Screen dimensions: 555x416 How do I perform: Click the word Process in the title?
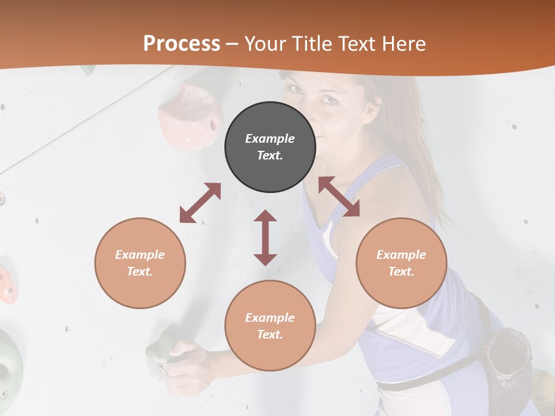pos(182,44)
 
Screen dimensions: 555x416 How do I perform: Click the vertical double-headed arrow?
pos(265,237)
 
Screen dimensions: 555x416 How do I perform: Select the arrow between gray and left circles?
pos(200,203)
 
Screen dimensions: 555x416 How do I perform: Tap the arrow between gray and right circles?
pos(339,196)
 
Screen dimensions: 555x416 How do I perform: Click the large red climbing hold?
pos(191,116)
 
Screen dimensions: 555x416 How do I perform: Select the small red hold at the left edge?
pos(7,285)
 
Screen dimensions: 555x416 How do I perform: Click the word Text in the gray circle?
pos(270,155)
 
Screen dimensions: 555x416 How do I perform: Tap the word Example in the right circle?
pos(401,255)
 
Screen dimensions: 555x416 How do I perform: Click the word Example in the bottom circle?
pos(270,318)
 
